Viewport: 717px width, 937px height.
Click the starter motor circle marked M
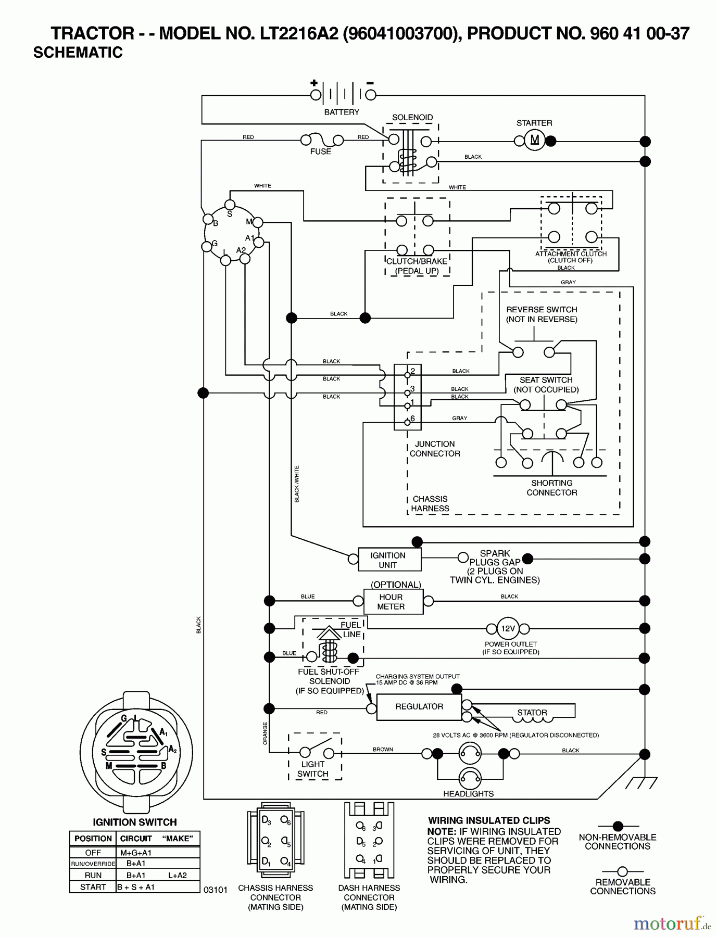534,140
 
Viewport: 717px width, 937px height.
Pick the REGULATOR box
419,707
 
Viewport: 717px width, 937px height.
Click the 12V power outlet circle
508,628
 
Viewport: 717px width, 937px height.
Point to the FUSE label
320,151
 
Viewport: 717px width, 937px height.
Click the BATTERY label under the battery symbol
342,112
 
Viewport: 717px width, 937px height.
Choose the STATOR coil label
532,712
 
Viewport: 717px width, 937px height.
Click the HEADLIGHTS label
468,794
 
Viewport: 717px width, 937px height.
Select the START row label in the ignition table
93,887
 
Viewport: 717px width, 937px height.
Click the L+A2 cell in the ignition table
178,876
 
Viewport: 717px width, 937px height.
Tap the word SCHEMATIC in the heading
78,53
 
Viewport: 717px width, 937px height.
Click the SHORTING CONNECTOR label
551,488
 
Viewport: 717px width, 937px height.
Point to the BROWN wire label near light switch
383,750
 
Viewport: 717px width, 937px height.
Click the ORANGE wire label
265,733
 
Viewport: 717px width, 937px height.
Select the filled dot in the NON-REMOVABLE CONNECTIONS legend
618,826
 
